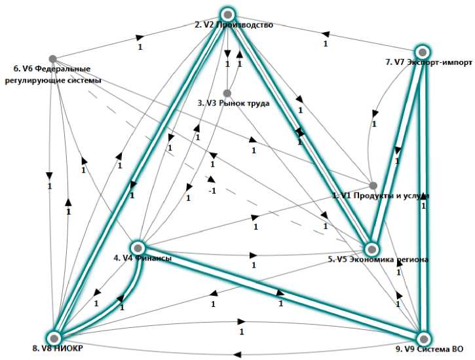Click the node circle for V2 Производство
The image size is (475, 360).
tap(227, 14)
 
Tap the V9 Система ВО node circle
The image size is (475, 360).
tap(424, 338)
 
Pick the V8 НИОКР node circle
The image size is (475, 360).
tap(56, 337)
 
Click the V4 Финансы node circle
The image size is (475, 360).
tap(138, 247)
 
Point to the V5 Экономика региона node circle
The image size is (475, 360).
tap(371, 249)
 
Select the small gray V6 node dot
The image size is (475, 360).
tap(52, 59)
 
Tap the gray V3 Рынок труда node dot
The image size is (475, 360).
tap(227, 93)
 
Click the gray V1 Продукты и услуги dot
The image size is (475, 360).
tap(373, 186)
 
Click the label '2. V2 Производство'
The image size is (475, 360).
tap(233, 26)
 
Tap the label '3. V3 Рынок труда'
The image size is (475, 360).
tap(233, 103)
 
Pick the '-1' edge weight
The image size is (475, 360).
tap(212, 190)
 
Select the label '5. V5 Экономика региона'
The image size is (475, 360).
tap(378, 260)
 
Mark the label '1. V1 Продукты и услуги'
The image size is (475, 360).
tap(380, 196)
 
